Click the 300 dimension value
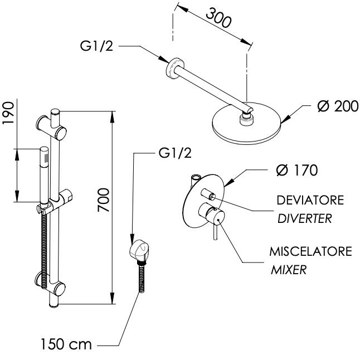[x=218, y=18]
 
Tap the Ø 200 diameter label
[x=338, y=106]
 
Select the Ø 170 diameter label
[x=297, y=170]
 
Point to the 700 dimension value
[x=104, y=200]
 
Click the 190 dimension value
[x=8, y=113]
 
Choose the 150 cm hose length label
[x=66, y=344]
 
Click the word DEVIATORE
[x=310, y=200]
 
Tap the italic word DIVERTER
[x=305, y=218]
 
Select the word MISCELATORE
[x=310, y=251]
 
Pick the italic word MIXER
[x=289, y=270]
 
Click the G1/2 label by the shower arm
[x=96, y=46]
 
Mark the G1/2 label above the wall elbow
[x=175, y=153]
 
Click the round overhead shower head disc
[x=247, y=123]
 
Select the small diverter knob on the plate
[x=208, y=193]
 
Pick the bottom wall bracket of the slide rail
[x=50, y=283]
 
